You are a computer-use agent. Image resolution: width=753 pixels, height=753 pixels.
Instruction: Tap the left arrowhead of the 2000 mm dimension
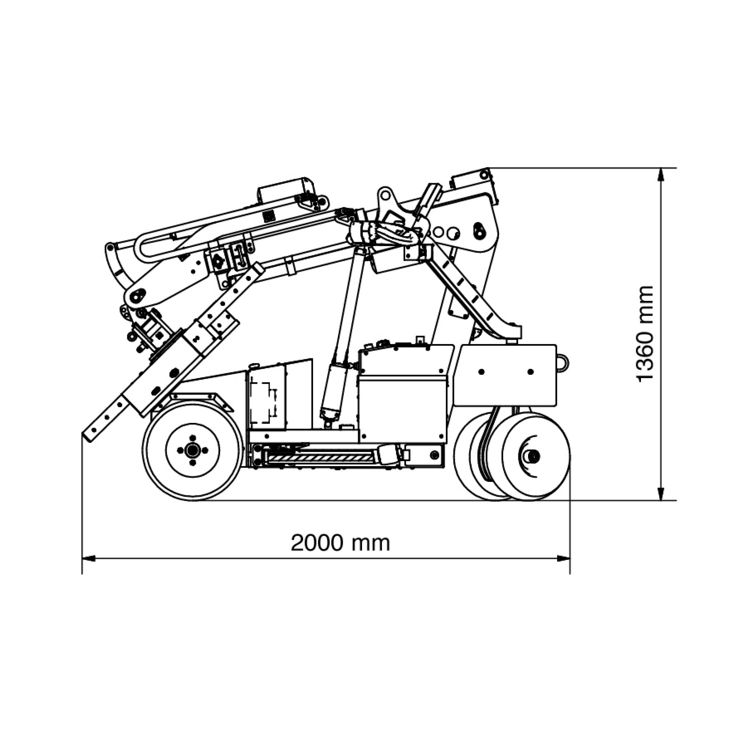point(88,558)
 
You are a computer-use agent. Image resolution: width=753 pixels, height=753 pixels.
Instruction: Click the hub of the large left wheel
point(192,450)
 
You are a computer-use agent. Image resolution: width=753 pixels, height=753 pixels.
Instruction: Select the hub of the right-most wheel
point(533,456)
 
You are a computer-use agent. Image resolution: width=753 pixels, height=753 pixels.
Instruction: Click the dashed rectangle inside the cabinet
point(262,403)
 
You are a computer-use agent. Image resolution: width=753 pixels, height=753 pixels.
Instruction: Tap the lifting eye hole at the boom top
point(385,193)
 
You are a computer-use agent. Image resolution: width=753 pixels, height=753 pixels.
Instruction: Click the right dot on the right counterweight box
point(530,372)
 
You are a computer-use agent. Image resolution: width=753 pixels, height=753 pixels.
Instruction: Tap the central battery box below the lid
point(401,409)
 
